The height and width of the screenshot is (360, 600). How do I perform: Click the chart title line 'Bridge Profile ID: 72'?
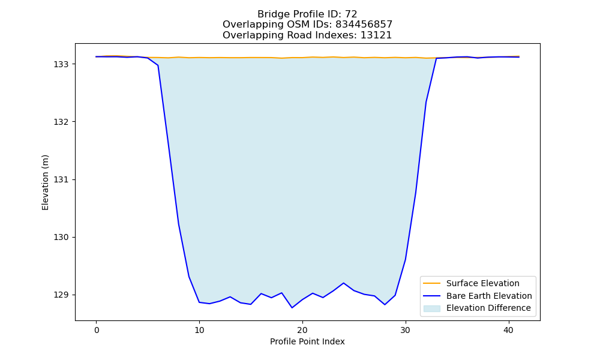307,14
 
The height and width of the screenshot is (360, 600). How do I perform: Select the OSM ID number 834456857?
364,25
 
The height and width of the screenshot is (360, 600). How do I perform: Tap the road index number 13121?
376,35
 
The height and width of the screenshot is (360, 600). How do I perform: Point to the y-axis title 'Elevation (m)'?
45,182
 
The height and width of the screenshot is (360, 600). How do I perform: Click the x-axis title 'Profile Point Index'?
307,341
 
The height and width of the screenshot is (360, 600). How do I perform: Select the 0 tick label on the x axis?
97,330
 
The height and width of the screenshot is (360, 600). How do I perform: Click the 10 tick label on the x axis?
199,330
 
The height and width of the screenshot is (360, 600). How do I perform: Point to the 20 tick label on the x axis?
302,330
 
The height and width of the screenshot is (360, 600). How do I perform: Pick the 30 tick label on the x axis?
405,330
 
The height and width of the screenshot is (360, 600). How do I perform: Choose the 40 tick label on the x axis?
508,330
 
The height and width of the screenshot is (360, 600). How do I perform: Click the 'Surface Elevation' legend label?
483,283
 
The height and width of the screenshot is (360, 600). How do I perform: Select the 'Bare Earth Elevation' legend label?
489,296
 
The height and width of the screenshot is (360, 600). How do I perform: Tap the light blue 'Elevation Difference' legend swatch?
431,308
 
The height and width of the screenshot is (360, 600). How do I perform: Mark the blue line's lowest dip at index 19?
292,308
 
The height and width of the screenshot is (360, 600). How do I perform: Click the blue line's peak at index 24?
344,283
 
